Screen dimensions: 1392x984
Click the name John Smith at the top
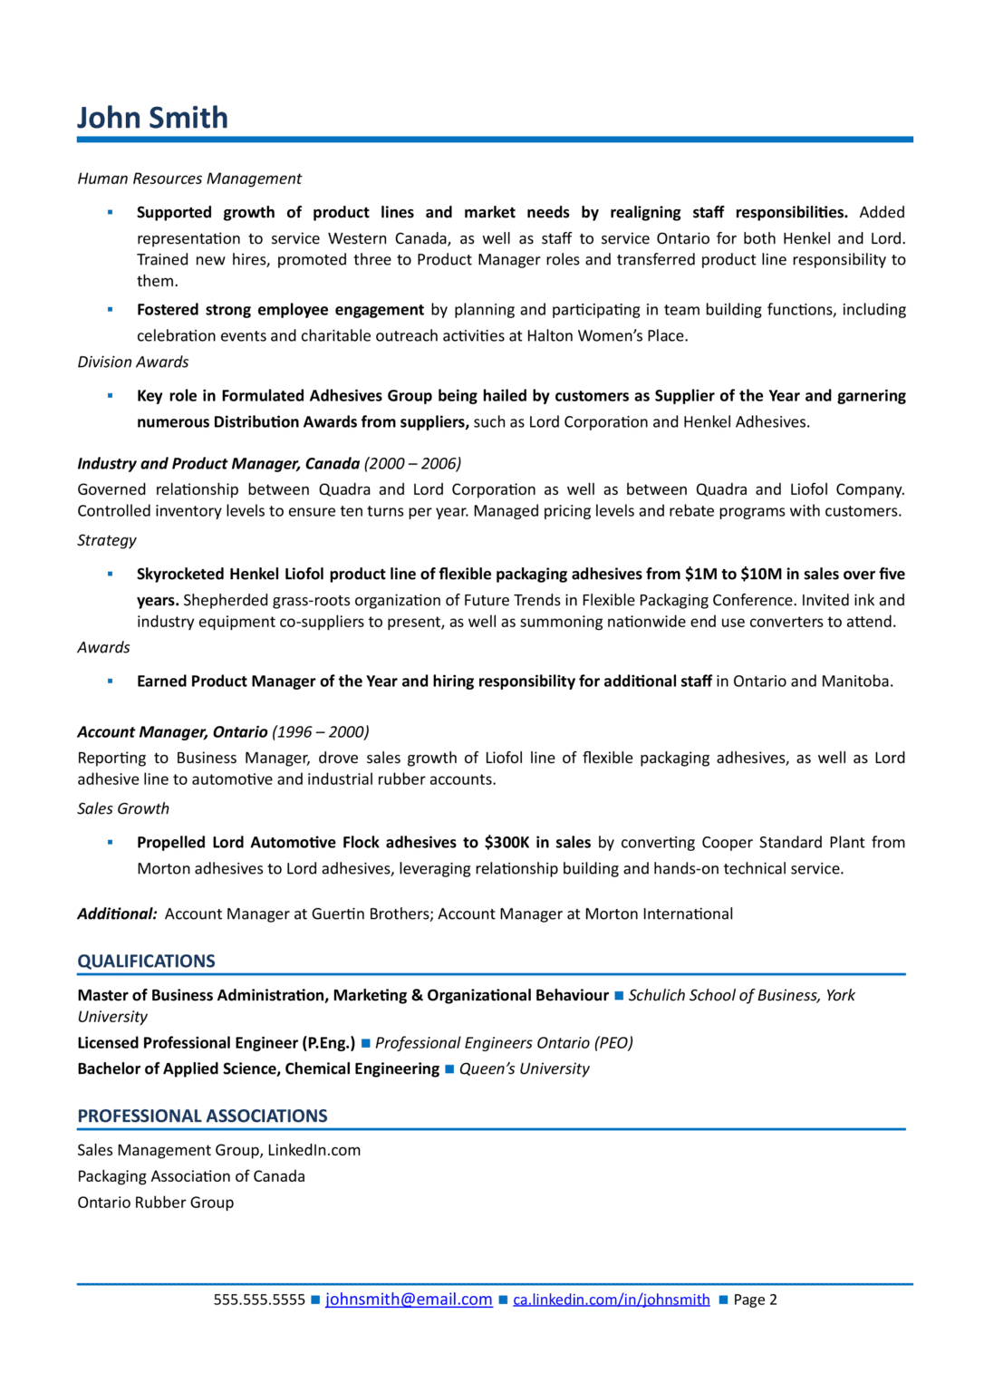(152, 118)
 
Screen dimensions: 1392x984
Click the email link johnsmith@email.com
(409, 1299)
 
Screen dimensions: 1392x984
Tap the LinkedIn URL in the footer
(611, 1300)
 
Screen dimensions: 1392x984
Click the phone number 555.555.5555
(259, 1300)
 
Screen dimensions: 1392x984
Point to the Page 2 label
(755, 1300)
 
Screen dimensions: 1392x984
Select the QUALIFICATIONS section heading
(146, 961)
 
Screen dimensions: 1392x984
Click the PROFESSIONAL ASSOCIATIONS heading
(202, 1116)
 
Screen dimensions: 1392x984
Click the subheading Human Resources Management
(189, 179)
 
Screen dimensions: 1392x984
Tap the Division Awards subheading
(133, 362)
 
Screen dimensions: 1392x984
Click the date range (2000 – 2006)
(412, 463)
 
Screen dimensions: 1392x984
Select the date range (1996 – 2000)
(321, 731)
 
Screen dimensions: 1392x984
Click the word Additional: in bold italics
(117, 913)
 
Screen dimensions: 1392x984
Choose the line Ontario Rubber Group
(155, 1203)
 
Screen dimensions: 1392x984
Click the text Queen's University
(524, 1068)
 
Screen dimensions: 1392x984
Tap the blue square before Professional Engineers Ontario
(366, 1043)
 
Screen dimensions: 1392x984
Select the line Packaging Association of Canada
(191, 1176)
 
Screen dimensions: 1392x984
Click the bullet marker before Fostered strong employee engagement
(111, 310)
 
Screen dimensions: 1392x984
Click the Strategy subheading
(107, 540)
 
